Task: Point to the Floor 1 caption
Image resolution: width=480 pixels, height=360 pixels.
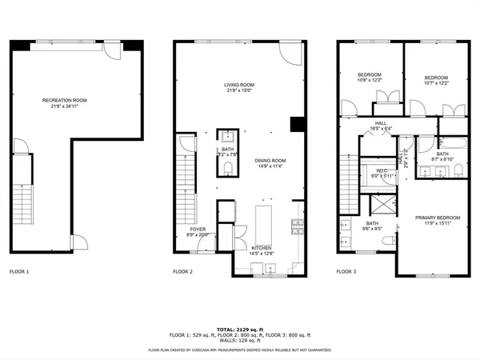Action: pyautogui.click(x=18, y=272)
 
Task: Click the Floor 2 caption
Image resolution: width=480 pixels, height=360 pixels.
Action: pyautogui.click(x=183, y=272)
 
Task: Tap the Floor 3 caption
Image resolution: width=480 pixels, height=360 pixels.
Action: pyautogui.click(x=346, y=272)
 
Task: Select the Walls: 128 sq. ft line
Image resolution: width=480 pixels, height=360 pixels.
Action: pyautogui.click(x=240, y=340)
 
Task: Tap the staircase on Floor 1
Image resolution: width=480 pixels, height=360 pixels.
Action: pyautogui.click(x=22, y=205)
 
